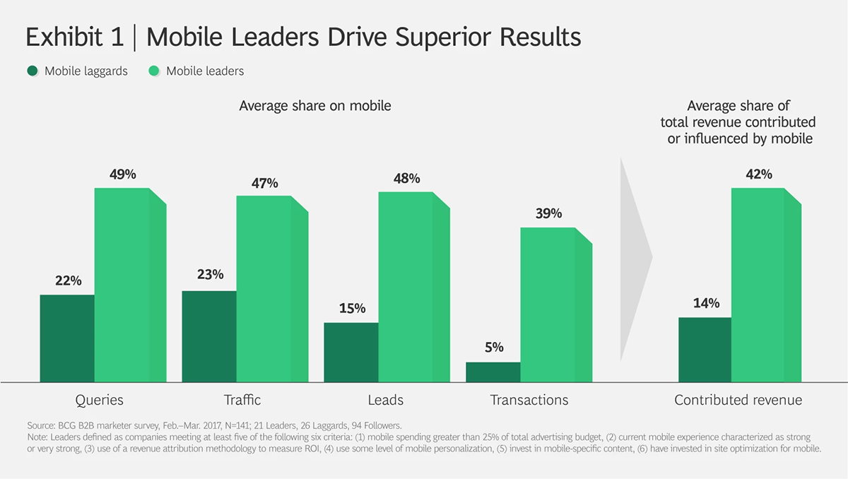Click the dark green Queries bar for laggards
point(67,338)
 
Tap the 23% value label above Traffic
point(210,274)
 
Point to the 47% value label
point(266,184)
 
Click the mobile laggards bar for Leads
point(351,352)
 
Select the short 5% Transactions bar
point(493,372)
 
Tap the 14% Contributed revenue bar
point(705,350)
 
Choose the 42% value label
point(758,174)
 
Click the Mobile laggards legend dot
point(33,71)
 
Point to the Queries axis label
point(100,400)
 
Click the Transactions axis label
point(529,400)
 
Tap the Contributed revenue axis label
point(738,400)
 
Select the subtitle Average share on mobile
point(315,106)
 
